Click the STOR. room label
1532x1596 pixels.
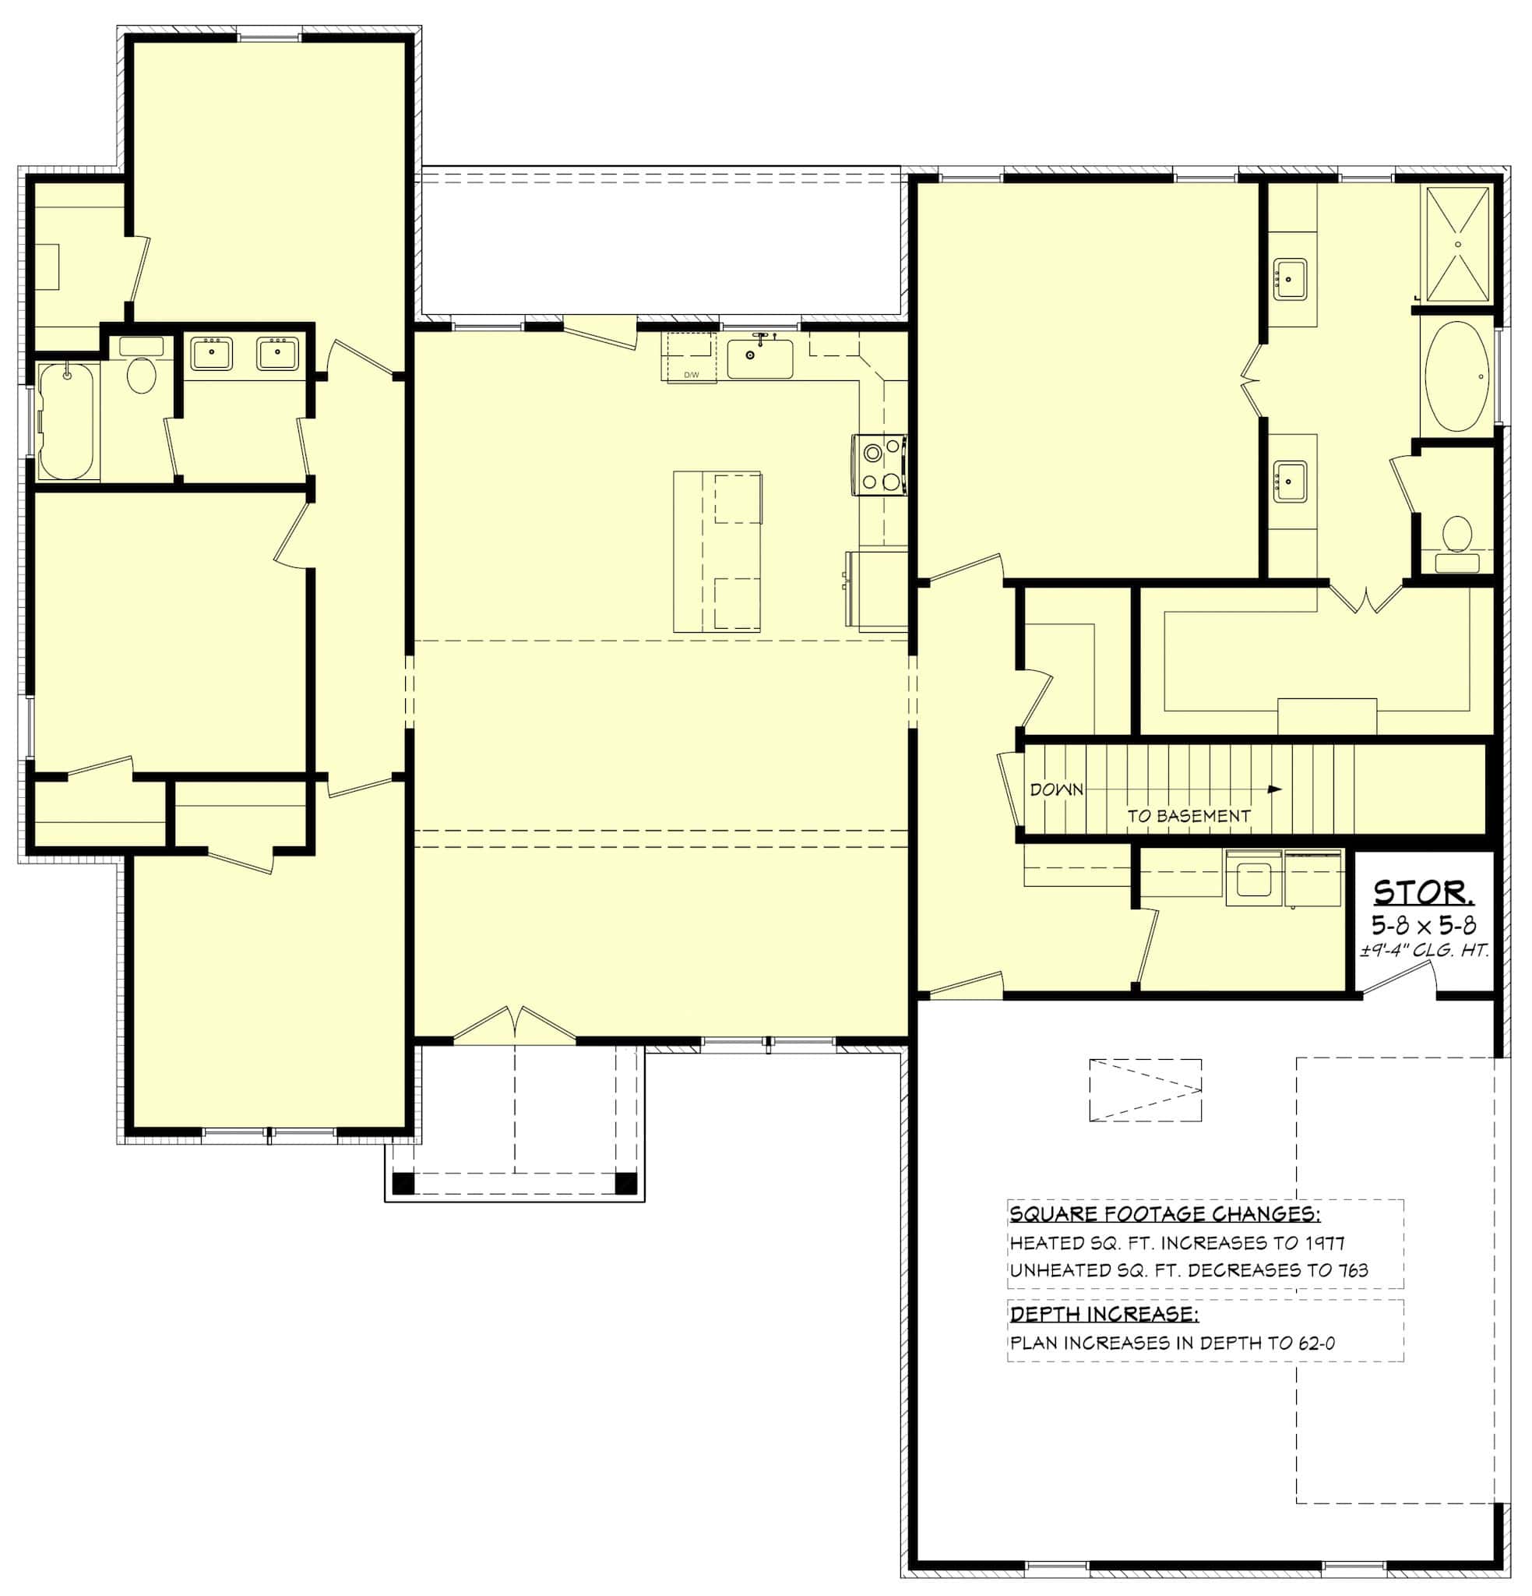coord(1423,894)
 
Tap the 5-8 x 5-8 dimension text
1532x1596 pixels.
coord(1424,925)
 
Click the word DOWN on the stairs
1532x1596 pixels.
coord(1057,789)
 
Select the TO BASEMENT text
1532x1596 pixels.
coord(1188,815)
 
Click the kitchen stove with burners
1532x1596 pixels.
coord(879,464)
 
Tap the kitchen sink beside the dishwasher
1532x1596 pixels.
coord(759,358)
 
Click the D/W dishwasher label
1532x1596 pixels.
coord(691,375)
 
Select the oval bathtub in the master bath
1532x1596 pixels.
coord(1456,377)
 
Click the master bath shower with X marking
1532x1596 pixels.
coord(1457,244)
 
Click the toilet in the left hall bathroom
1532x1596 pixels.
coord(142,373)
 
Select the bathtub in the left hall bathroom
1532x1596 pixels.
coord(67,422)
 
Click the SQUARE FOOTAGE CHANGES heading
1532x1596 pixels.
coord(1164,1214)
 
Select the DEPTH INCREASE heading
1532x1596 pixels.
coord(1103,1314)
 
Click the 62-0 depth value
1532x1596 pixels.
coord(1316,1343)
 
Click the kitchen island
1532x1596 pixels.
coord(717,551)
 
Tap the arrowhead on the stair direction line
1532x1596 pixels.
coord(1275,789)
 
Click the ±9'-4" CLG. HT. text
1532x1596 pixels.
coord(1424,949)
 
